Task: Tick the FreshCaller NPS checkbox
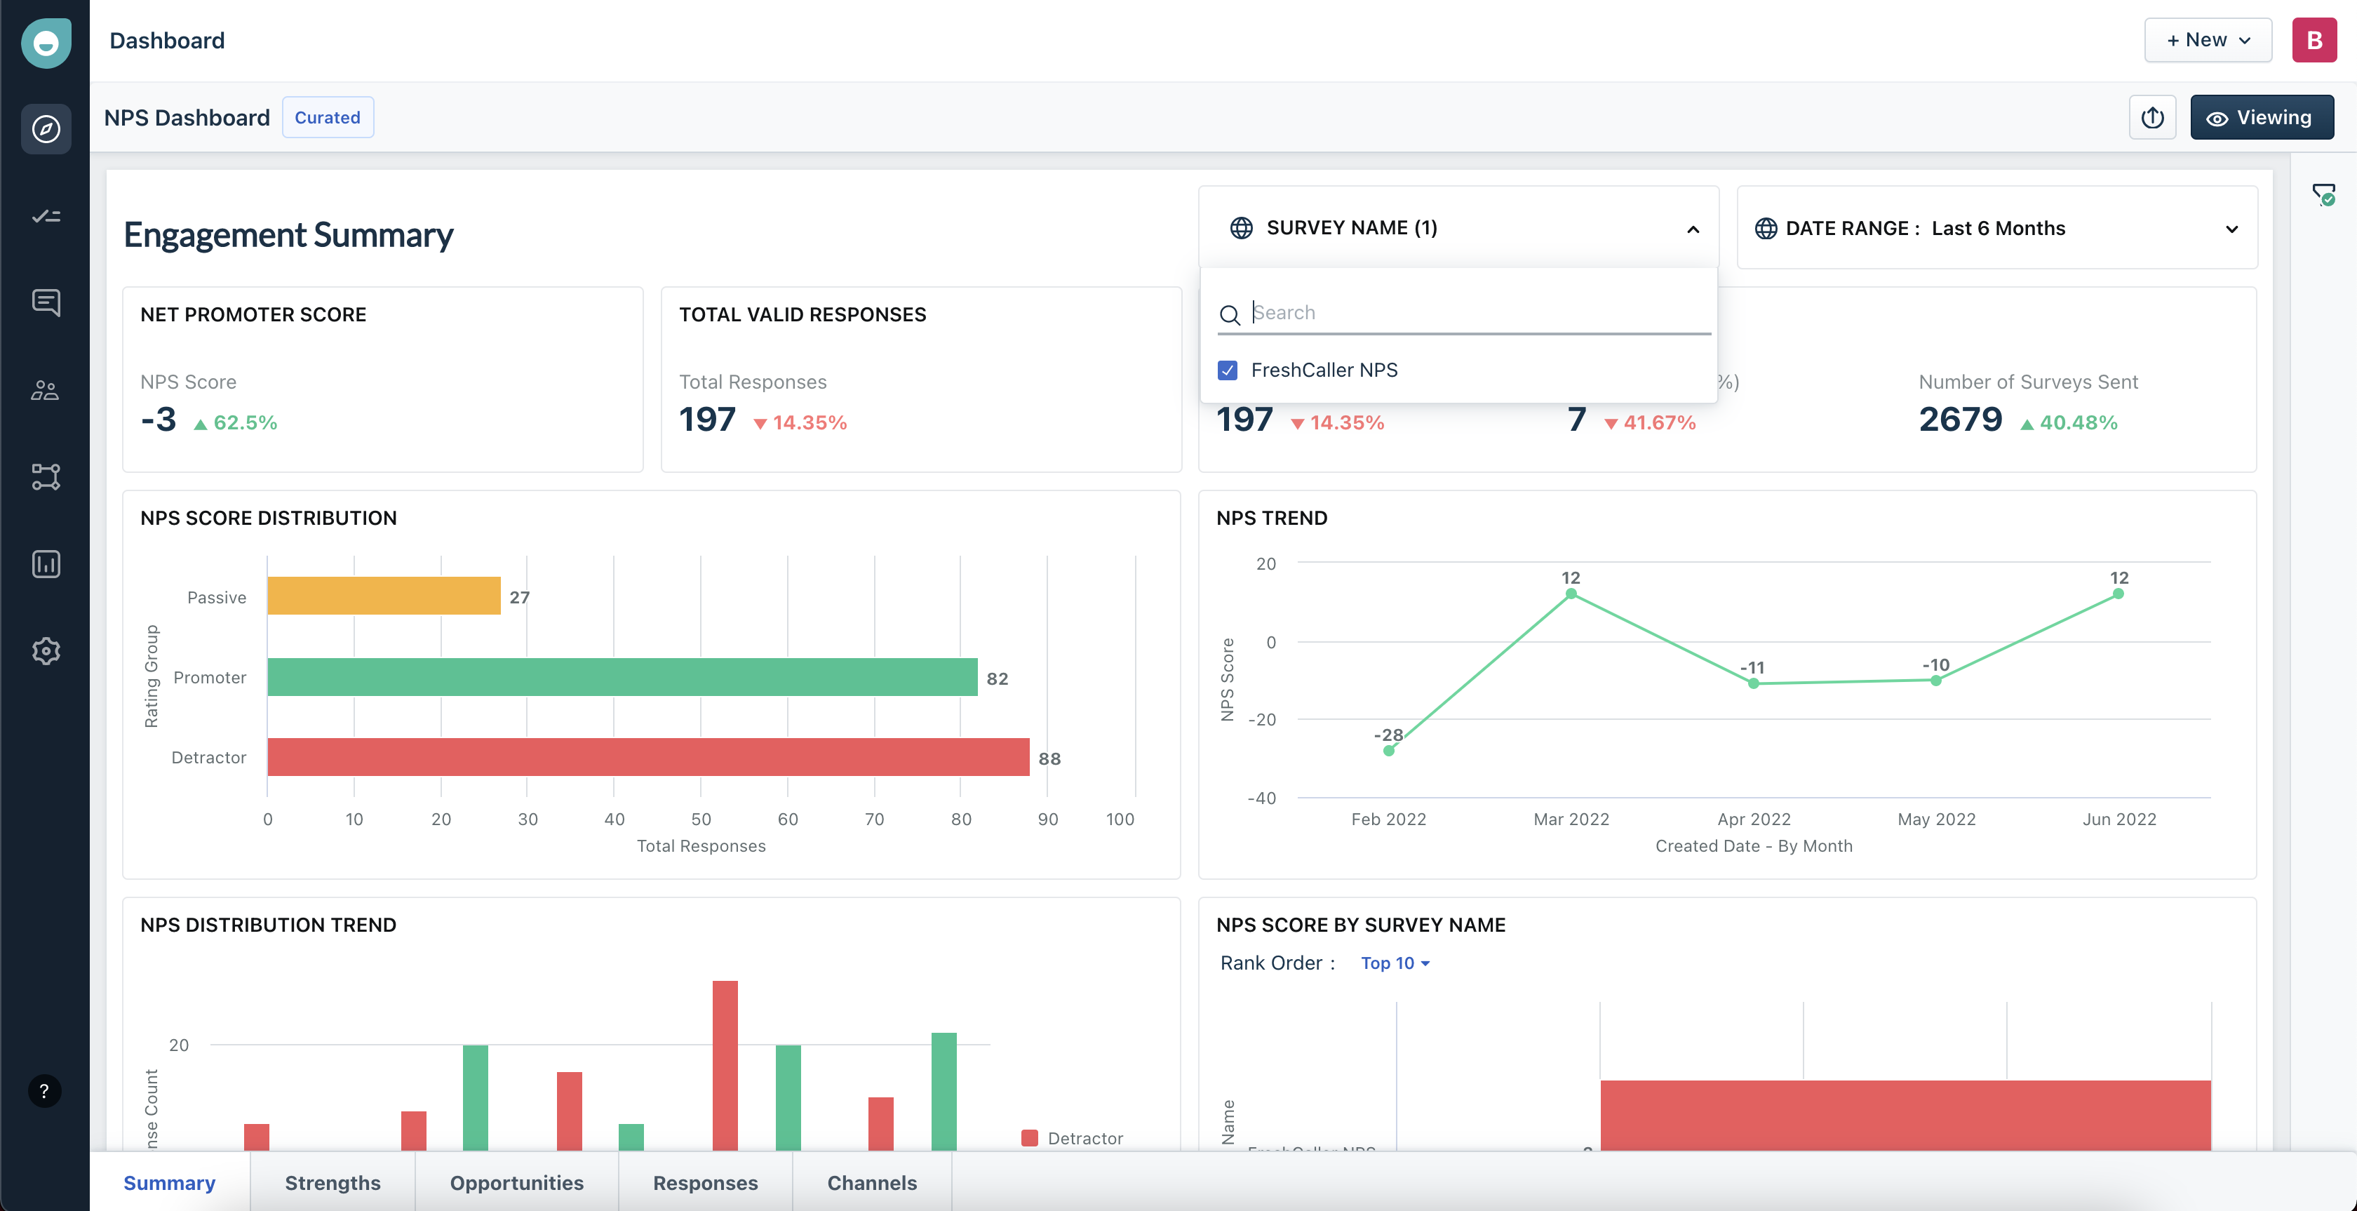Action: pyautogui.click(x=1227, y=370)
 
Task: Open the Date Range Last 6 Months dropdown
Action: pyautogui.click(x=1996, y=228)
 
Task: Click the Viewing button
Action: pyautogui.click(x=2261, y=117)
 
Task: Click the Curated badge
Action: pyautogui.click(x=328, y=117)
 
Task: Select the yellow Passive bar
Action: pyautogui.click(x=384, y=596)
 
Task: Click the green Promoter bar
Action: pyautogui.click(x=622, y=677)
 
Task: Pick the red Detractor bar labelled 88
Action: pyautogui.click(x=647, y=757)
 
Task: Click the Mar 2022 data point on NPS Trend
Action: pyautogui.click(x=1571, y=594)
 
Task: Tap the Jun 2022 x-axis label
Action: pyautogui.click(x=2119, y=819)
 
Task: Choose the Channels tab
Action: pyautogui.click(x=871, y=1183)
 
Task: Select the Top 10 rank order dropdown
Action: pyautogui.click(x=1395, y=963)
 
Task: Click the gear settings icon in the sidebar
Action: pyautogui.click(x=46, y=651)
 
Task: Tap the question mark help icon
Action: pyautogui.click(x=44, y=1091)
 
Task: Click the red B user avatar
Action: pyautogui.click(x=2313, y=40)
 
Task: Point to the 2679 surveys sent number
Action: pyautogui.click(x=1960, y=420)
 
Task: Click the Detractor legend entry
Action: pyautogui.click(x=1073, y=1138)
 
